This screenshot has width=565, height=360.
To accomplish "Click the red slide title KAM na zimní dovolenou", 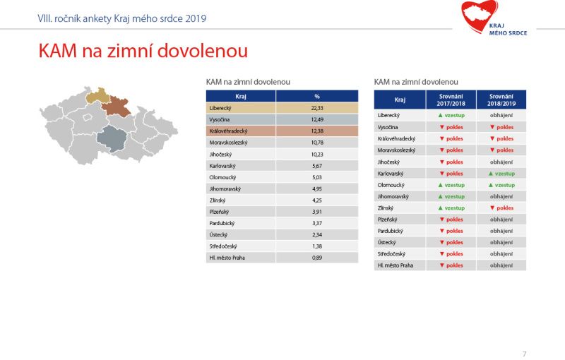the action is (x=143, y=50).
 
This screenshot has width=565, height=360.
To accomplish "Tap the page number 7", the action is (x=524, y=354).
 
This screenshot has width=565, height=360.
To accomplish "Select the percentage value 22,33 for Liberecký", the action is (x=317, y=108).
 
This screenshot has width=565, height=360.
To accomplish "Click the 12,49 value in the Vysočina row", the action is (x=317, y=119).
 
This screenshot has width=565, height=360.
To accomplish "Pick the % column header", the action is (x=317, y=97).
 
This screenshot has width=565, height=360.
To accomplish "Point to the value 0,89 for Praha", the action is (x=317, y=258).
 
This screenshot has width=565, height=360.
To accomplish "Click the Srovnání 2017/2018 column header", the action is (x=451, y=100).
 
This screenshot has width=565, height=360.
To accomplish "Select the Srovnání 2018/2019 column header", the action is (x=501, y=100).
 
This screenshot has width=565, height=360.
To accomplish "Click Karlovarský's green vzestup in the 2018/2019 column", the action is (x=501, y=174).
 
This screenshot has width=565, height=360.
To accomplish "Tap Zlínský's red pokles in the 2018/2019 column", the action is (x=501, y=208).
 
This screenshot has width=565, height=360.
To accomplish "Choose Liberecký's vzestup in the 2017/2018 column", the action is (x=451, y=116).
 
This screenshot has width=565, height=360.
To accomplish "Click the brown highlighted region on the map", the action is (x=116, y=106).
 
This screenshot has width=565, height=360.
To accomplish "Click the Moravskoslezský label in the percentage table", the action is (x=228, y=143).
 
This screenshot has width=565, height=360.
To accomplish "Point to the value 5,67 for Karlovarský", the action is (x=317, y=166).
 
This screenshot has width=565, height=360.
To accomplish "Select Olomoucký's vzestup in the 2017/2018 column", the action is (x=451, y=185).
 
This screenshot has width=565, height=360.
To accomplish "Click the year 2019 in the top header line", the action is (x=196, y=18).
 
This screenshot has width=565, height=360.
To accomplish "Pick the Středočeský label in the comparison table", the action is (x=391, y=254).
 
